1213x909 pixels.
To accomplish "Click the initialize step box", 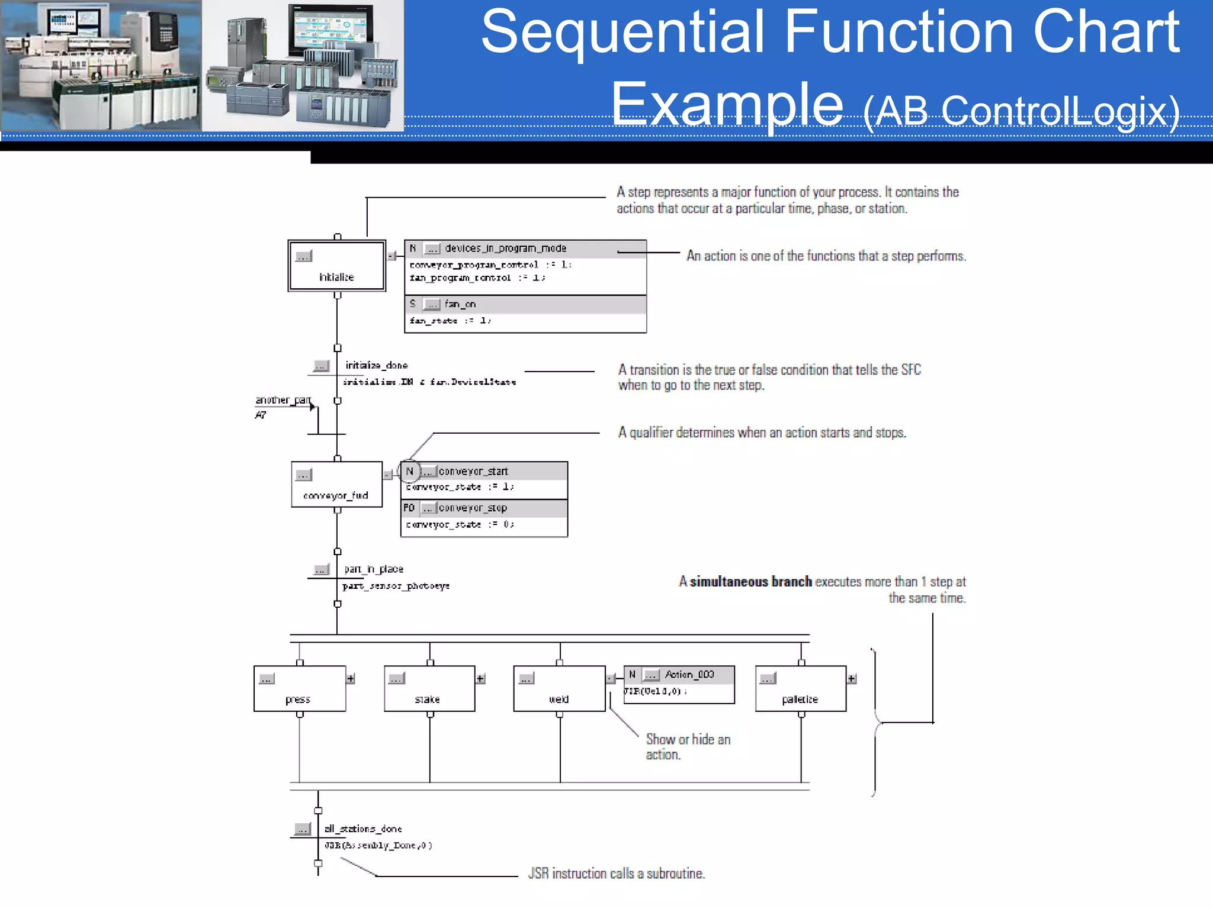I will coord(336,266).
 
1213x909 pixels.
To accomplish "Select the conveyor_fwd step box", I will coord(336,485).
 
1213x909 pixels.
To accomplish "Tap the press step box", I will coord(300,689).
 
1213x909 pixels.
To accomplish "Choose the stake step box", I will coord(429,689).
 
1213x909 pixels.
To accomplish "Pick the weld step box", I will coord(559,689).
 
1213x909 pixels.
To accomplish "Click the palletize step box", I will coord(801,689).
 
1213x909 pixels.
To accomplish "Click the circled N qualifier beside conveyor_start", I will coord(410,471).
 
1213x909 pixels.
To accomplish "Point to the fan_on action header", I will coord(460,304).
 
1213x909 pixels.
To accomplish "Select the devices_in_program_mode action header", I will coord(505,249).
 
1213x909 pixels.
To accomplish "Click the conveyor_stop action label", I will coord(473,508).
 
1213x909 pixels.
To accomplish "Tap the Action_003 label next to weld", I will coord(689,675).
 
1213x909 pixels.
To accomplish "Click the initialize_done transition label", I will coord(377,365).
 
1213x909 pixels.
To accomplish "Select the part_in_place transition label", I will coord(374,569).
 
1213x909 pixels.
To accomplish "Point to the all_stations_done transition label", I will coord(363,829).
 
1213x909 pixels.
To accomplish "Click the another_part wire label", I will coord(283,400).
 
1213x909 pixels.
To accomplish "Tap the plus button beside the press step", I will coord(351,679).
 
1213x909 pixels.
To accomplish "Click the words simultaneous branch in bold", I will coord(750,582).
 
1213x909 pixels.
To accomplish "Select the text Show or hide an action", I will coord(688,746).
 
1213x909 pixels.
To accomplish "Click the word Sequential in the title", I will coord(622,32).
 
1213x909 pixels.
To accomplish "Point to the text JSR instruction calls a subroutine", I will coord(616,873).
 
